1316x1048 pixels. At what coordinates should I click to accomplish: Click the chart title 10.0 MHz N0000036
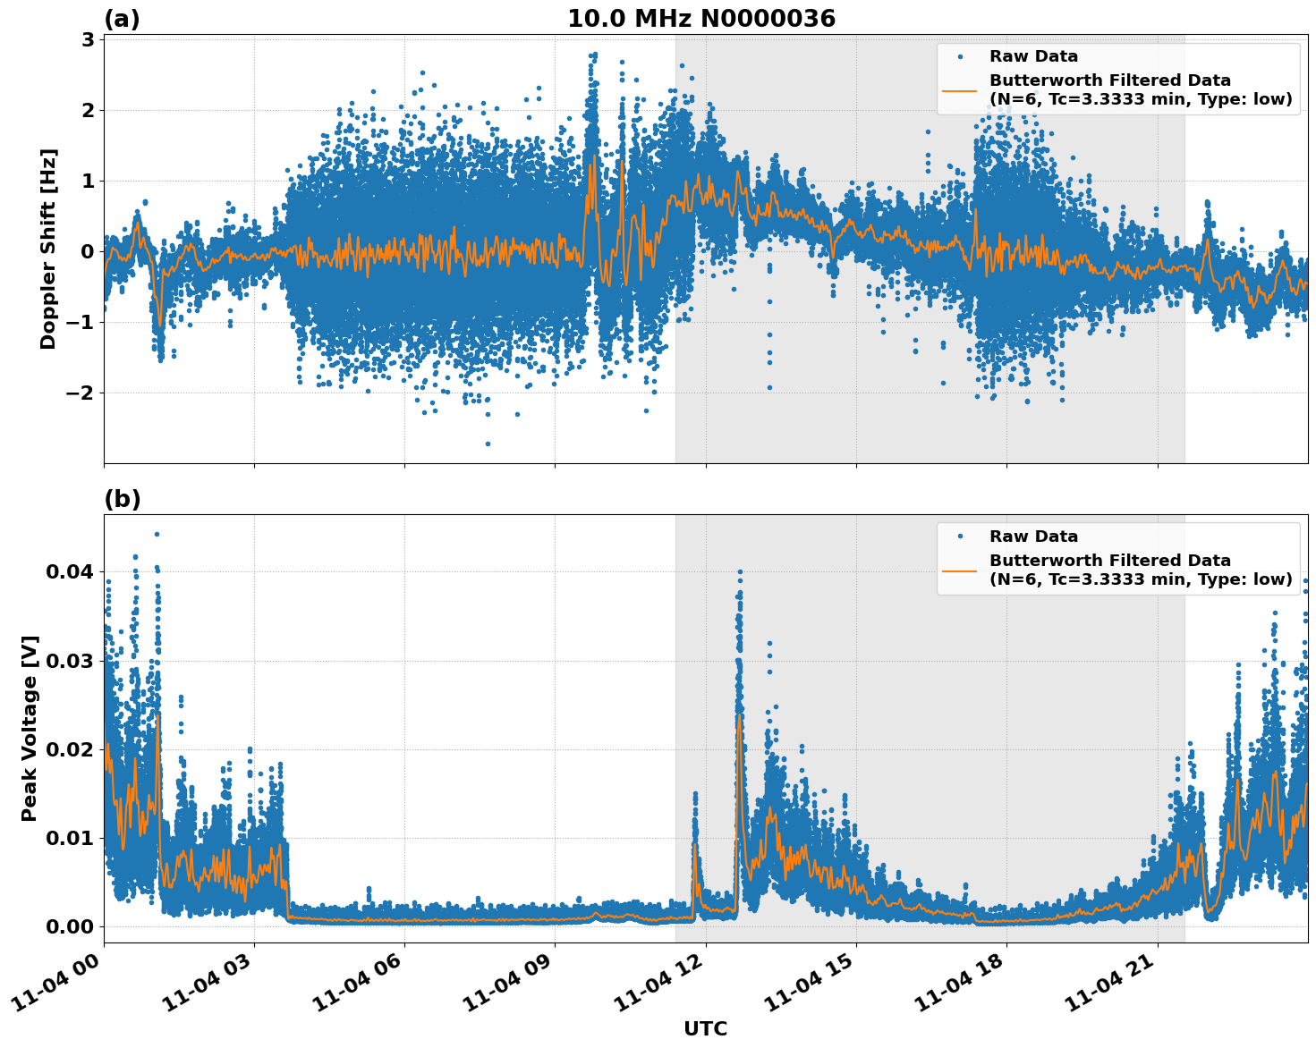[700, 19]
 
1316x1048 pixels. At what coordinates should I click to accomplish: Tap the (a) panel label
[122, 19]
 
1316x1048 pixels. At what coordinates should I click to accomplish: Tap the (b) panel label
[122, 499]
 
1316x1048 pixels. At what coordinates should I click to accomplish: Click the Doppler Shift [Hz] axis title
[48, 249]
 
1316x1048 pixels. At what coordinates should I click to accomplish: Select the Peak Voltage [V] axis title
[30, 728]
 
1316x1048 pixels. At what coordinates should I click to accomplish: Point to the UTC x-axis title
[705, 1028]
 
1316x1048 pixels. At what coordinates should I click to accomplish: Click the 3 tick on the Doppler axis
[88, 39]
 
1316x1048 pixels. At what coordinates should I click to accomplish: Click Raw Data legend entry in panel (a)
[1032, 56]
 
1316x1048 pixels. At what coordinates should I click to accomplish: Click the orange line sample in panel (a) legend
[959, 89]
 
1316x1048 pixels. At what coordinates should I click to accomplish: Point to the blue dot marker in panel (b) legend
[960, 537]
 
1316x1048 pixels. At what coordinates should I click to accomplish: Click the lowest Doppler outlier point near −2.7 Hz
[488, 444]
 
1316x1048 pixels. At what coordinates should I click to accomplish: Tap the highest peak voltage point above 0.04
[157, 534]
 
